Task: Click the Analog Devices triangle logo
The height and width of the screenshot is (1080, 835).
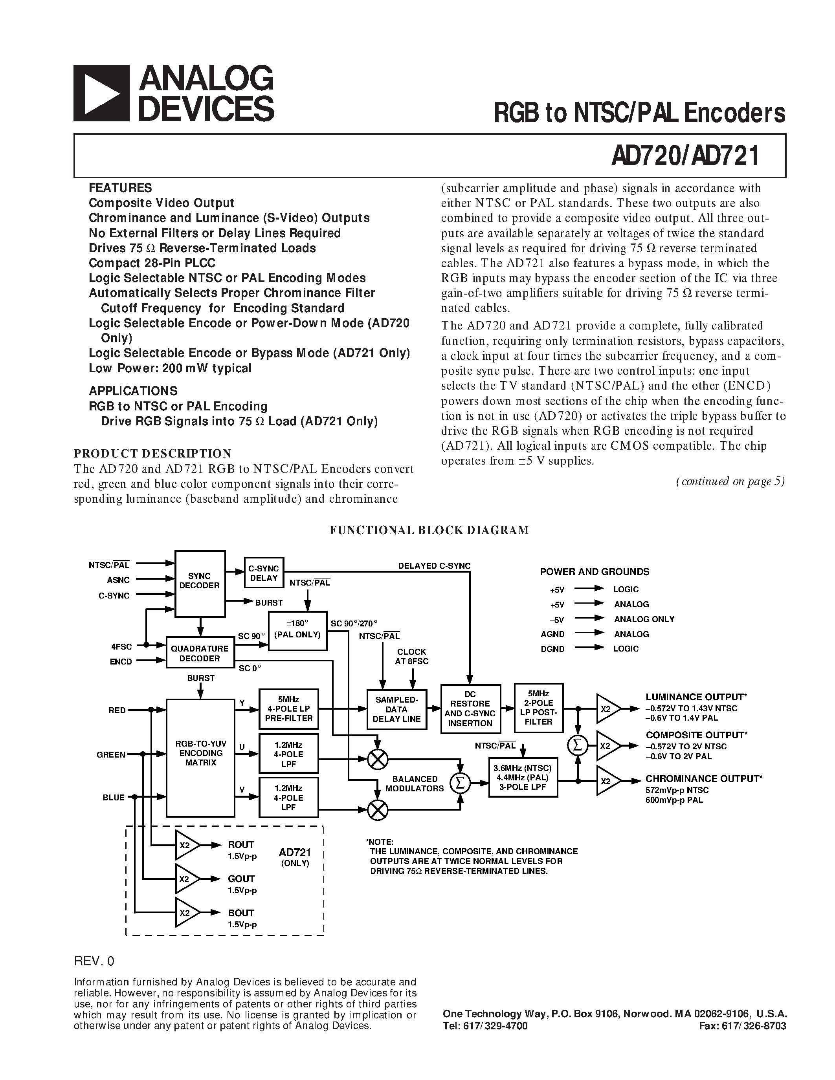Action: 101,93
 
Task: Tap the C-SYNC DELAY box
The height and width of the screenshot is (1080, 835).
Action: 264,573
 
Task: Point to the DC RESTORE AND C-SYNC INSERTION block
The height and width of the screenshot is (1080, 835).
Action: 470,708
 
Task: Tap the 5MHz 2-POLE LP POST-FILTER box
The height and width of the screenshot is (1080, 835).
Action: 538,707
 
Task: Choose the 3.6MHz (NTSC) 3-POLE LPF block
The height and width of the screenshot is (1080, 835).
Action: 523,777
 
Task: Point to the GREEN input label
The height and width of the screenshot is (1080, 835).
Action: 111,754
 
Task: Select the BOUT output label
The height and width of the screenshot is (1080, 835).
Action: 241,913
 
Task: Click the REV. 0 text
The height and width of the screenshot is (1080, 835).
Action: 94,961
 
